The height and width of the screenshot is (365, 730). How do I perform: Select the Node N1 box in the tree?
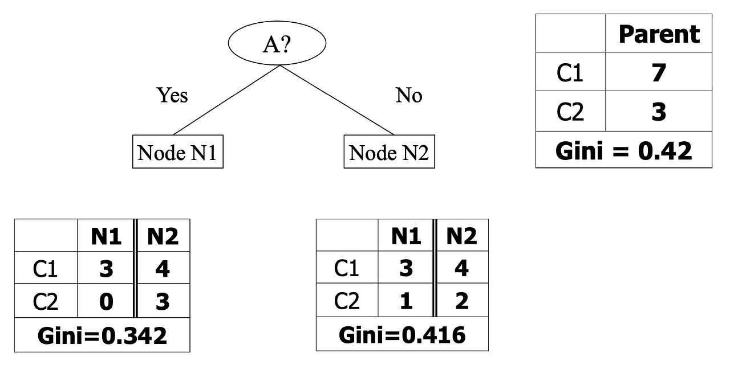click(x=177, y=152)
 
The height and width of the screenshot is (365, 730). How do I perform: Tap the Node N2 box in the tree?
click(x=389, y=152)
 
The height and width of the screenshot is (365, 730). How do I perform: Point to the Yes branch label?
click(x=172, y=95)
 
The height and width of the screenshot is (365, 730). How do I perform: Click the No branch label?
click(x=409, y=96)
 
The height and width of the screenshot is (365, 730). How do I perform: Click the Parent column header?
click(x=659, y=34)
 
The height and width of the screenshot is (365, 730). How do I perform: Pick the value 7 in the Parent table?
click(x=659, y=72)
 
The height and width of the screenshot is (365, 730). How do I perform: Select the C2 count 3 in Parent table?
click(x=659, y=112)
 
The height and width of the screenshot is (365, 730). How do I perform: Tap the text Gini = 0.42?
click(x=623, y=150)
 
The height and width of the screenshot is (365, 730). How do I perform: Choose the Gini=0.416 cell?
click(x=402, y=335)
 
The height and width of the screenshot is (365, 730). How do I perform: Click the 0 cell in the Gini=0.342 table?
click(x=106, y=301)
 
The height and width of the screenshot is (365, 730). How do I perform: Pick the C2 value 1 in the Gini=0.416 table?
click(x=405, y=301)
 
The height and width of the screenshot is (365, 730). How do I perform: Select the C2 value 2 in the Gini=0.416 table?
click(x=461, y=301)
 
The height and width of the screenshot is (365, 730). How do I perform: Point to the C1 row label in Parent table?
click(x=570, y=72)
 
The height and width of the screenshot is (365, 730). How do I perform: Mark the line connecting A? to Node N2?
click(x=336, y=100)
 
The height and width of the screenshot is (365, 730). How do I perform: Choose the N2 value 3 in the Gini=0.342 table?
click(x=163, y=301)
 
